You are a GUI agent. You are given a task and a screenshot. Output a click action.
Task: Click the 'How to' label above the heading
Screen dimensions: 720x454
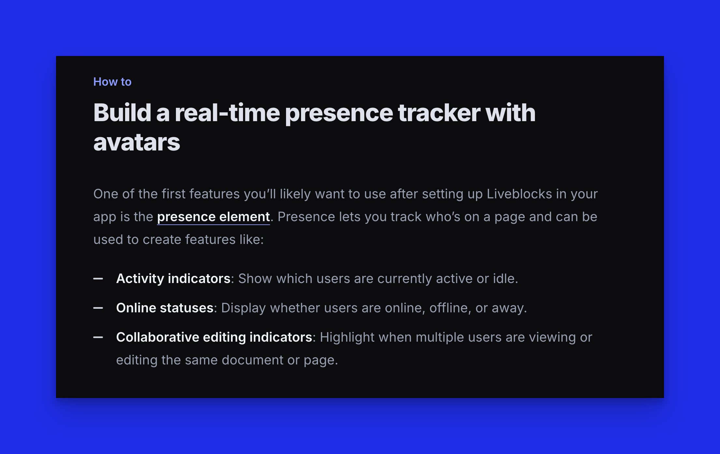(x=112, y=82)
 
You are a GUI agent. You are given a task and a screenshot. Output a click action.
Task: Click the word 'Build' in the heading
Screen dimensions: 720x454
(x=122, y=113)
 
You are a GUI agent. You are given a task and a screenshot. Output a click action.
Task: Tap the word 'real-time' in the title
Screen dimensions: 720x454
(x=227, y=113)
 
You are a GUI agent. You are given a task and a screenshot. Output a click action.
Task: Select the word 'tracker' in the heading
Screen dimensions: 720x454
(x=439, y=113)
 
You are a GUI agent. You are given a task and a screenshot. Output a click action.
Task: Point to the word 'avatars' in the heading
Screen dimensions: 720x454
(x=137, y=142)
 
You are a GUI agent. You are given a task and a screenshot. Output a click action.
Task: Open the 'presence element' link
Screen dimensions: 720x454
(x=213, y=217)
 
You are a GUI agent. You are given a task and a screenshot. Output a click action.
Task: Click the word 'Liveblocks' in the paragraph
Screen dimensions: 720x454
(x=519, y=194)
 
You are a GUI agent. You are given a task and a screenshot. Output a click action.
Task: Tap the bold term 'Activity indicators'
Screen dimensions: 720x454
(x=173, y=279)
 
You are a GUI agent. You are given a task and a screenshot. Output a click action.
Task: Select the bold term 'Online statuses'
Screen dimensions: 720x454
(x=165, y=308)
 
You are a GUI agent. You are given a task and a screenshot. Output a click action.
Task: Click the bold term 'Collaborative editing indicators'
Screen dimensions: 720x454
(x=214, y=337)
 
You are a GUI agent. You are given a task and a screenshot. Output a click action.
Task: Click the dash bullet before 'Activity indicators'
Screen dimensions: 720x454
(x=98, y=279)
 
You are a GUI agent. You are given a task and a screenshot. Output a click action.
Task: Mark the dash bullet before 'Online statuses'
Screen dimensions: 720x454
(x=98, y=308)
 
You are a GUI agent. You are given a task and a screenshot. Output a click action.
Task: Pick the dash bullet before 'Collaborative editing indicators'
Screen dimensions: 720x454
(x=98, y=337)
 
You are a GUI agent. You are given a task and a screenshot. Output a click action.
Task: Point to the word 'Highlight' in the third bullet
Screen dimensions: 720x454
(x=347, y=337)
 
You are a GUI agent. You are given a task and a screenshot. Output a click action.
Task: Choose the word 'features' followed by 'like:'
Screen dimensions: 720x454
(x=210, y=240)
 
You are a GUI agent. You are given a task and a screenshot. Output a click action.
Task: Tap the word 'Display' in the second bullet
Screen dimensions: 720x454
(x=243, y=308)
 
